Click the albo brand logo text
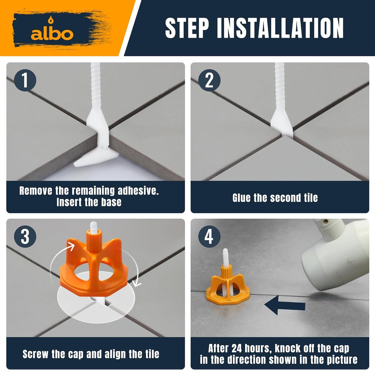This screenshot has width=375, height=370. [52, 34]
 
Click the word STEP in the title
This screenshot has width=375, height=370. [187, 28]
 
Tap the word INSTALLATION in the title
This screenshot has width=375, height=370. [280, 28]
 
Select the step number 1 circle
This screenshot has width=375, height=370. [25, 80]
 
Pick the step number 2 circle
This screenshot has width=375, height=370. [209, 80]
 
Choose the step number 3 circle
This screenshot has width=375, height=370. [25, 237]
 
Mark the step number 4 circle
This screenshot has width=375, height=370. [209, 237]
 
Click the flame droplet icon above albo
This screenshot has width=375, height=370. [50, 20]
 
